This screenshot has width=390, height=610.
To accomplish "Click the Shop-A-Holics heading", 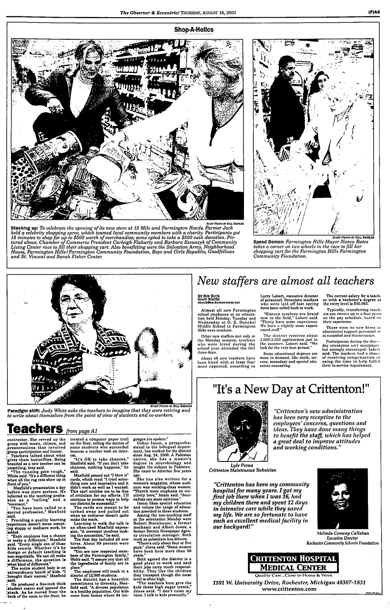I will tap(194, 30).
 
